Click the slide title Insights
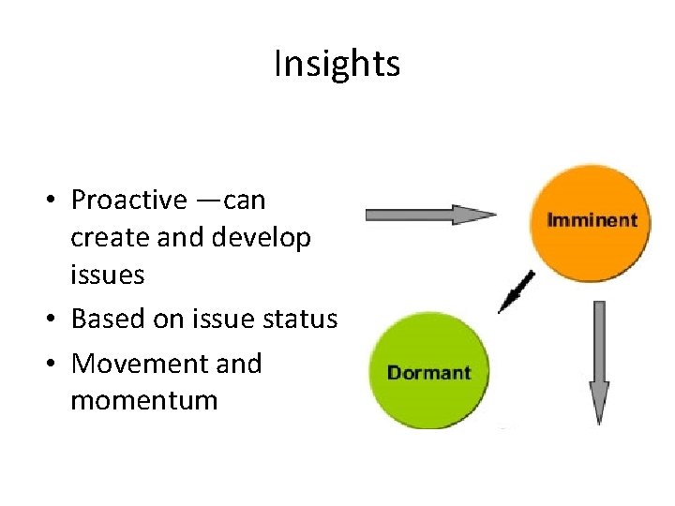pyautogui.click(x=337, y=64)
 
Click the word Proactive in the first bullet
pyautogui.click(x=128, y=201)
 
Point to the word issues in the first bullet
pyautogui.click(x=108, y=275)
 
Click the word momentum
pyautogui.click(x=143, y=401)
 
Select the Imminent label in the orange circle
pyautogui.click(x=591, y=221)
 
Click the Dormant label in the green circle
pyautogui.click(x=428, y=373)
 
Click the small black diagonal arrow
pyautogui.click(x=517, y=290)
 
